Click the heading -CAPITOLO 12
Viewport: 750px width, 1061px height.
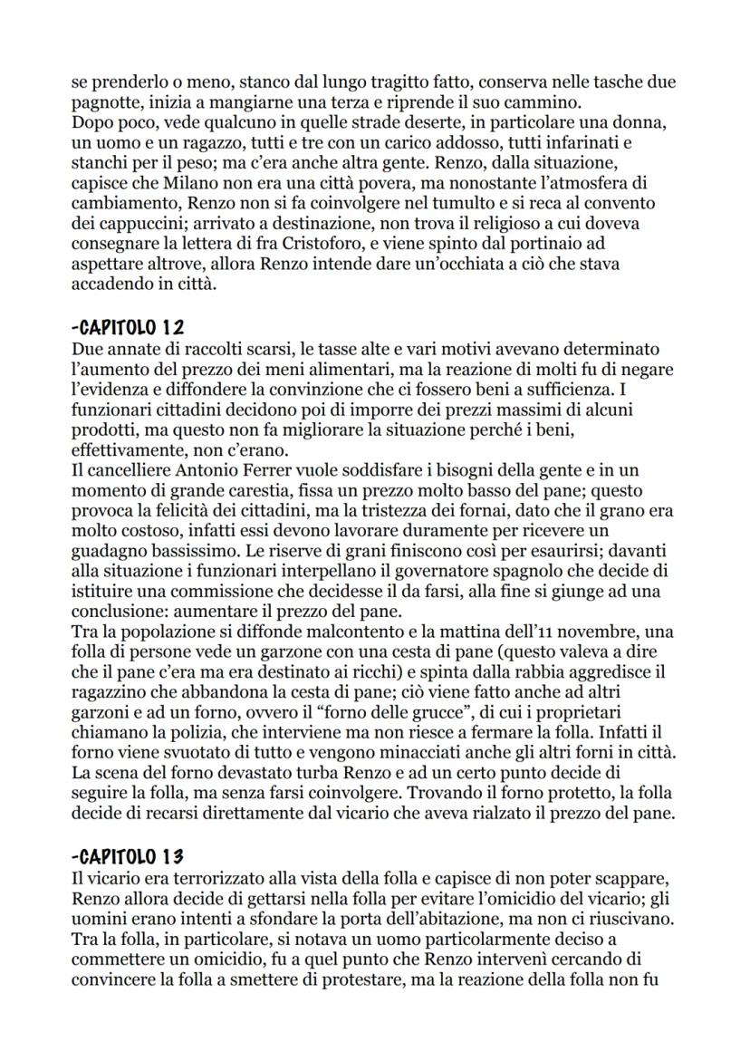[x=127, y=326]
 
